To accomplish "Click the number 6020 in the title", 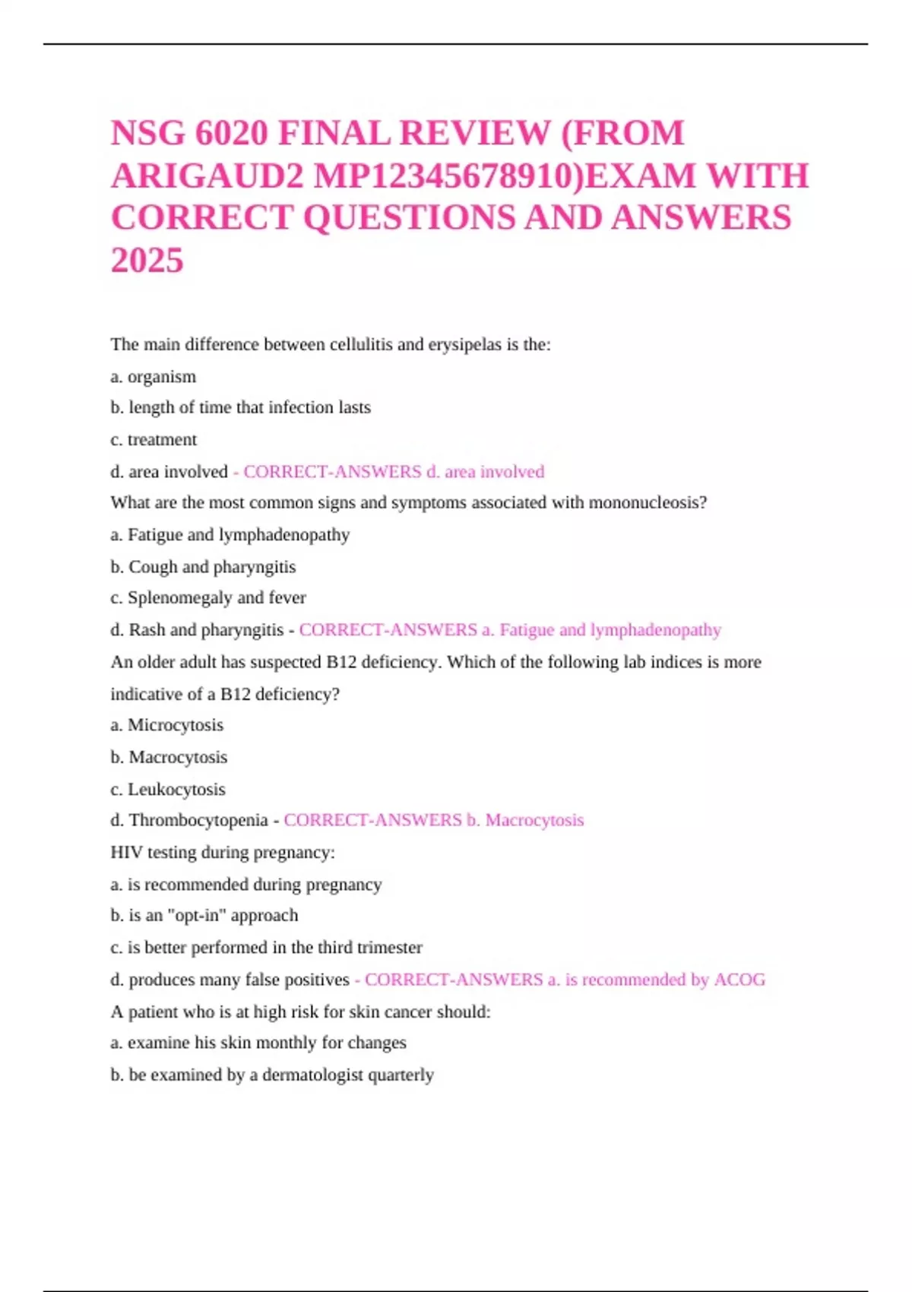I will (231, 134).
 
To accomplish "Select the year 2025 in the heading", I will (147, 261).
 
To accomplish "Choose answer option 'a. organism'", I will (153, 377).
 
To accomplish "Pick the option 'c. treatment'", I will (154, 440).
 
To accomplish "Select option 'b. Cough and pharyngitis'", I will (203, 567).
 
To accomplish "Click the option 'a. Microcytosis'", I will (166, 725).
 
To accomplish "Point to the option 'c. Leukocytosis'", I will (168, 790).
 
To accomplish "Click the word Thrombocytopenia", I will (198, 821).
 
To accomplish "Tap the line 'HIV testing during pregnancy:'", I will (223, 853).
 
